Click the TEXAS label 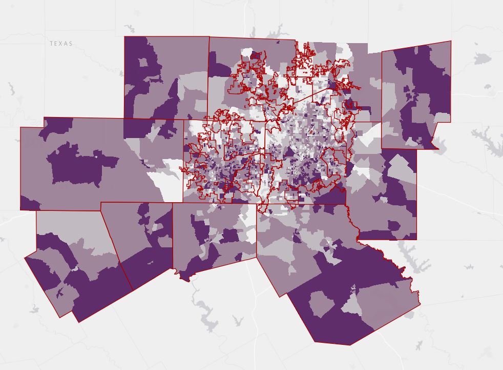point(61,44)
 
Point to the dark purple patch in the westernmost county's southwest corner point(29,203)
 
